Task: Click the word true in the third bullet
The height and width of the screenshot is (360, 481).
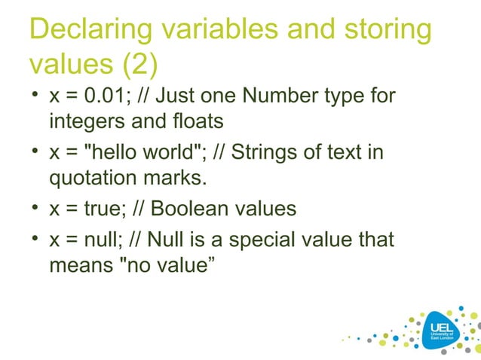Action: pyautogui.click(x=94, y=209)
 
